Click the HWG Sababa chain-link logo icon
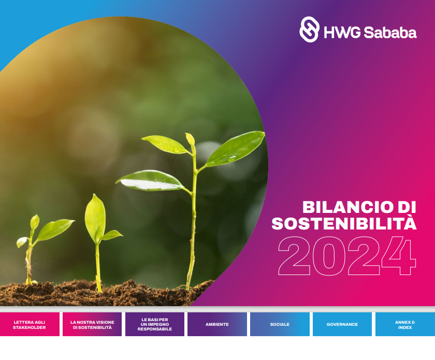[x=309, y=30]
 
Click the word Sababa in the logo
[x=390, y=32]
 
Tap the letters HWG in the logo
[x=342, y=32]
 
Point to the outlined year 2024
[x=347, y=256]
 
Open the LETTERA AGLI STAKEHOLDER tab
[x=30, y=324]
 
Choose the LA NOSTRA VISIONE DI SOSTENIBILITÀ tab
[x=92, y=324]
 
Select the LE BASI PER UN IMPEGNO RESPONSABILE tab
[x=155, y=324]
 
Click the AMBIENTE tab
[x=217, y=324]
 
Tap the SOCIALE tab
[x=280, y=324]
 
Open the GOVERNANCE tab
[x=342, y=324]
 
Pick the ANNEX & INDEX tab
[x=405, y=324]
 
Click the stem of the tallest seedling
[x=193, y=222]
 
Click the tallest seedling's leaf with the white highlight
[x=150, y=181]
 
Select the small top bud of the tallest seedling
[x=191, y=139]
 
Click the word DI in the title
[x=407, y=207]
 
